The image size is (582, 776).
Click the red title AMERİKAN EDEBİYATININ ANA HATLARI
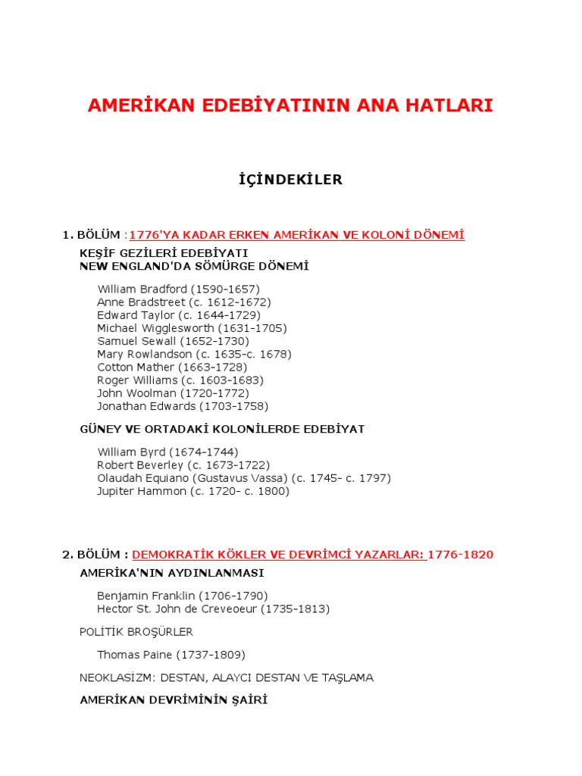point(290,105)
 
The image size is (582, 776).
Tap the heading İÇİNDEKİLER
point(290,180)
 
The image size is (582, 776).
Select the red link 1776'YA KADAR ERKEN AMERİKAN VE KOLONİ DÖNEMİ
point(297,235)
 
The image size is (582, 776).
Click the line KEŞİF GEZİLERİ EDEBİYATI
point(164,252)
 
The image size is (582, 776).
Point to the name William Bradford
point(178,289)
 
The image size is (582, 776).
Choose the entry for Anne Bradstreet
point(183,302)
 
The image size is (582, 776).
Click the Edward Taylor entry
point(178,314)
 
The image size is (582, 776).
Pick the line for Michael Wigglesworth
point(192,328)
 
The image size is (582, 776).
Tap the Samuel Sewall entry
point(173,341)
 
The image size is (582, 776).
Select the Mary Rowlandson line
point(194,354)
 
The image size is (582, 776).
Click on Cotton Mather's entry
point(172,367)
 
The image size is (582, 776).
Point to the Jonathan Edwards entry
point(183,406)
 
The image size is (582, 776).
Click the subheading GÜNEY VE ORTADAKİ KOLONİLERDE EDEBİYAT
point(222,429)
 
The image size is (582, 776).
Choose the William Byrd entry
point(167,452)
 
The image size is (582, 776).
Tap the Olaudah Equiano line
point(243,478)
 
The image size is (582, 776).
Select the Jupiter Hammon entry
point(192,491)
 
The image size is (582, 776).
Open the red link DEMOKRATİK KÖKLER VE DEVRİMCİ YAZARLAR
point(277,555)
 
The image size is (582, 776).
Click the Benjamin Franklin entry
point(182,596)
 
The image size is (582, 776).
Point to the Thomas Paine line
point(171,655)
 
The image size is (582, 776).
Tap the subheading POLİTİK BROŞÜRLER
point(136,632)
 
